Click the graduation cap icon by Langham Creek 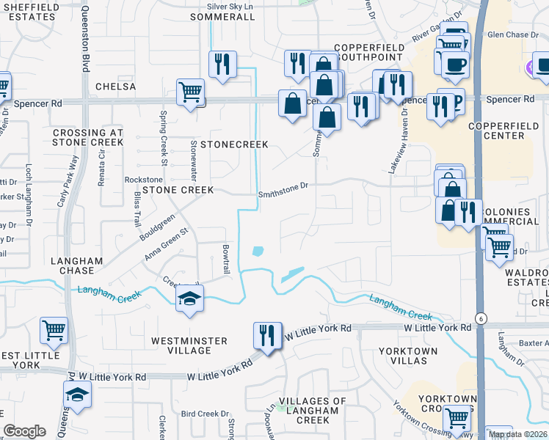coord(190,298)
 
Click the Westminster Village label coord(189,345)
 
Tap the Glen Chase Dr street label coord(513,34)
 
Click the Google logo coord(24,431)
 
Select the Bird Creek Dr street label coord(206,414)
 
